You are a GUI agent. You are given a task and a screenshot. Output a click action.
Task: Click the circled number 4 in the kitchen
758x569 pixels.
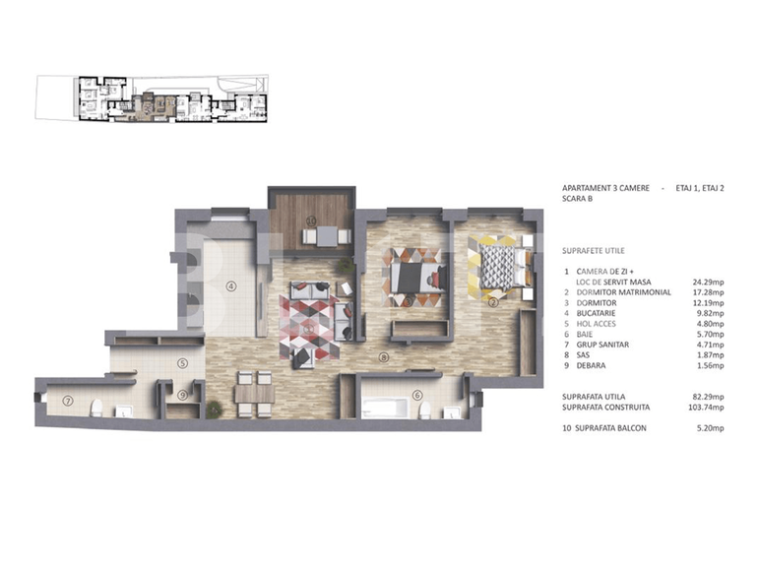pyautogui.click(x=231, y=286)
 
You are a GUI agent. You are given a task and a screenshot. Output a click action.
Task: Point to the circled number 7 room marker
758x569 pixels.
pyautogui.click(x=68, y=401)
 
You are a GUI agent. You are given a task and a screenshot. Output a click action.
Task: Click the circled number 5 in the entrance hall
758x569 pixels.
pyautogui.click(x=183, y=362)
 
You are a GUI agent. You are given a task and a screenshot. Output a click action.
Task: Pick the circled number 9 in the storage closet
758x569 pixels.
pyautogui.click(x=183, y=396)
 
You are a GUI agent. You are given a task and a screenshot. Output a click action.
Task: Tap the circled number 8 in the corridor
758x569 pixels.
pyautogui.click(x=383, y=356)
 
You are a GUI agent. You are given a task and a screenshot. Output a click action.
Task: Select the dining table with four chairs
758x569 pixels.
pyautogui.click(x=253, y=391)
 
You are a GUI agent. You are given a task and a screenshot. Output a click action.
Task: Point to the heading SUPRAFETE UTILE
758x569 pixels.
pyautogui.click(x=594, y=251)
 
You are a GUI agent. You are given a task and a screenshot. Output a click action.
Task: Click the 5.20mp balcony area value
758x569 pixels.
pyautogui.click(x=709, y=429)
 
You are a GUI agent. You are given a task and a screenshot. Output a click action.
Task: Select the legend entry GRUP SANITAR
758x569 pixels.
pyautogui.click(x=602, y=345)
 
